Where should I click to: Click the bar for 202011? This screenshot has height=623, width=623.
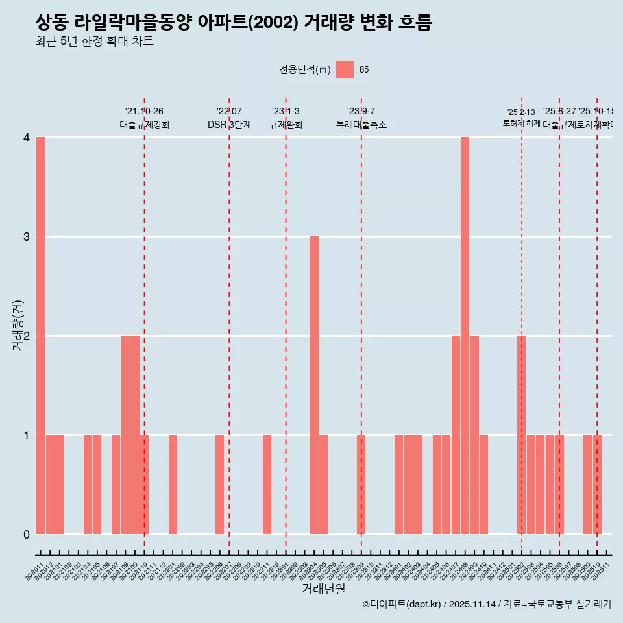click(x=40, y=336)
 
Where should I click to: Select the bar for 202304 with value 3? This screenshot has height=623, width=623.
click(x=314, y=385)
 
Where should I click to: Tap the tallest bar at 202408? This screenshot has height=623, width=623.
click(x=465, y=336)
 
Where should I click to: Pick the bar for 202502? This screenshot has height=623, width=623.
click(x=521, y=435)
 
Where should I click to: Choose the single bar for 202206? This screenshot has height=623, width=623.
click(x=219, y=484)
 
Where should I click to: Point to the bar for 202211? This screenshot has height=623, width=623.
click(x=267, y=484)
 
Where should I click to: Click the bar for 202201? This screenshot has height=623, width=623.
click(x=173, y=484)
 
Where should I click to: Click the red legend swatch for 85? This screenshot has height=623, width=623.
click(x=345, y=69)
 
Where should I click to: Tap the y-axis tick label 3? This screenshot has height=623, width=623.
click(x=27, y=237)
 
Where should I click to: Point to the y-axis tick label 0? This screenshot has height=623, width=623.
click(x=27, y=535)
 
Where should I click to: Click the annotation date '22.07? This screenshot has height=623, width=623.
click(x=229, y=112)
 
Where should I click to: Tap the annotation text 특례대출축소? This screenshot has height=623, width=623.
click(x=361, y=125)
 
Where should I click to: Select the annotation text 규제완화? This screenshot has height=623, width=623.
click(x=286, y=125)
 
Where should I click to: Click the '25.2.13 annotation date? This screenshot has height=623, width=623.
click(x=521, y=112)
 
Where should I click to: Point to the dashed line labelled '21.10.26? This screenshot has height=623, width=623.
click(x=144, y=324)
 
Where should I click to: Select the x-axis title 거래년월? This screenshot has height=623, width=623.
click(x=323, y=589)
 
